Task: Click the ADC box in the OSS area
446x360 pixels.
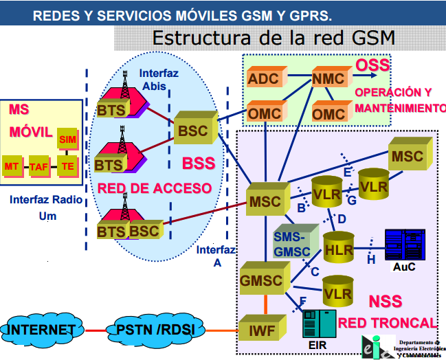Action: pos(264,78)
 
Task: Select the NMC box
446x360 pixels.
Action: pos(329,78)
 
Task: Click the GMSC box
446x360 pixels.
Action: pos(262,280)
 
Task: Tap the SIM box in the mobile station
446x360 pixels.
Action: pos(67,139)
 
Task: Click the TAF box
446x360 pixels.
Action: pos(40,166)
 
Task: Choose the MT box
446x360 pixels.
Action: pos(12,166)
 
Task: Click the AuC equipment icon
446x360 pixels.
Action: pos(404,246)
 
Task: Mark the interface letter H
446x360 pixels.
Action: pos(371,260)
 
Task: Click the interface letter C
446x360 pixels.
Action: pos(315,271)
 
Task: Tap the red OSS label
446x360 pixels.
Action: pos(372,66)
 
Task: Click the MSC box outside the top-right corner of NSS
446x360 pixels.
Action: pos(408,156)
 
